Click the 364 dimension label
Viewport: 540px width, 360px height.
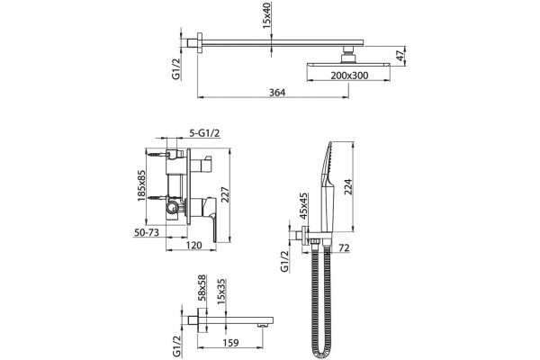click(277, 93)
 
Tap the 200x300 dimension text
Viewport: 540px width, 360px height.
click(349, 76)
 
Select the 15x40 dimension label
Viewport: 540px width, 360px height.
click(266, 17)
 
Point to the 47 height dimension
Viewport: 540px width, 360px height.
click(400, 55)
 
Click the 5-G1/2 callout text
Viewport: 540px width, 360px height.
click(204, 133)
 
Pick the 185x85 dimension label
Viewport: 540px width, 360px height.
click(141, 185)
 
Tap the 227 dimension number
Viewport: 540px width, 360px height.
click(224, 195)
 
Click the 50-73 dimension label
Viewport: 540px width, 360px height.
click(147, 232)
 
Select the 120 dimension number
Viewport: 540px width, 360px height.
click(193, 246)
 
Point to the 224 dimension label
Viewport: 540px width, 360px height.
click(348, 186)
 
